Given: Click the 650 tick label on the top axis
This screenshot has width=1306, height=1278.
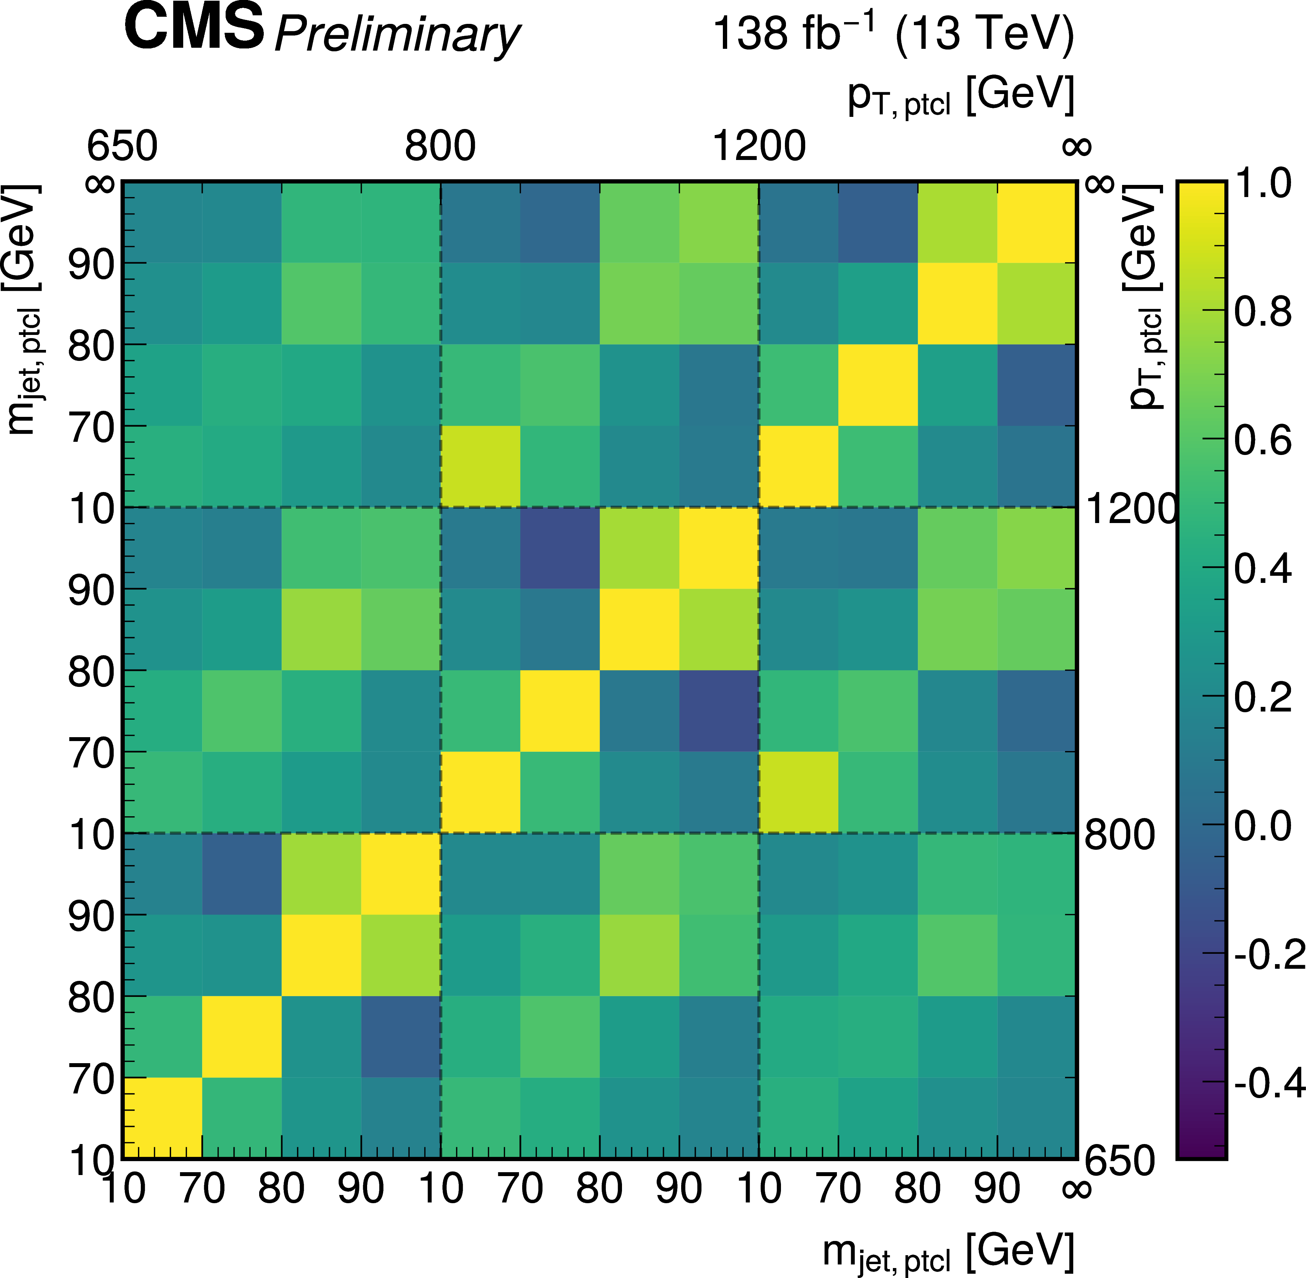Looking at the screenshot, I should (x=122, y=146).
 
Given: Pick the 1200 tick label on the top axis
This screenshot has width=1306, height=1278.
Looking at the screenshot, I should (x=759, y=146).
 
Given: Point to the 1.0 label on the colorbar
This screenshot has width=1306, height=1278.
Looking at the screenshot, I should (x=1263, y=182).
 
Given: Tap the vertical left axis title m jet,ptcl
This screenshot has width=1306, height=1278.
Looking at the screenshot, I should (x=24, y=309).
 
